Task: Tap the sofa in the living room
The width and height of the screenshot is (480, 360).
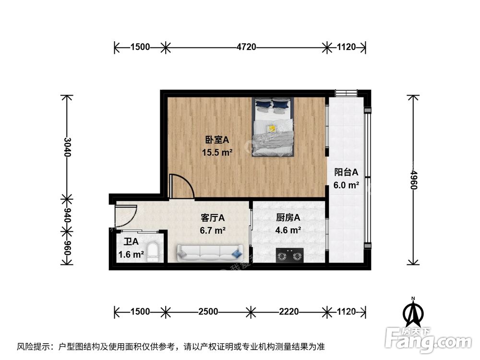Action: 209,252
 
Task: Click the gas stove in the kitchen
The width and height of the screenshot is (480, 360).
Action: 290,255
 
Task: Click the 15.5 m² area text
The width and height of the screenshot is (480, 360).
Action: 217,153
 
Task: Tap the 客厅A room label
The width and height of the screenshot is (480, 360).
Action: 213,218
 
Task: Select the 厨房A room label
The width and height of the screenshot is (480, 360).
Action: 288,218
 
